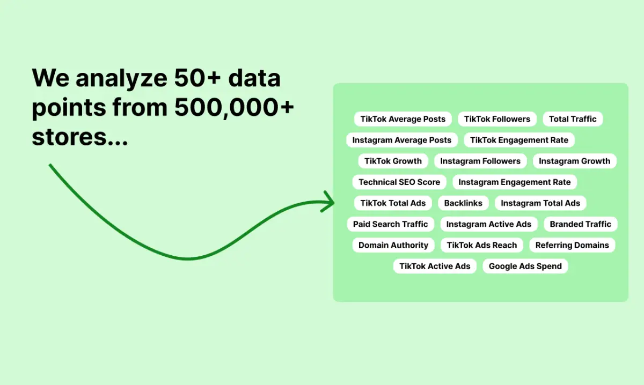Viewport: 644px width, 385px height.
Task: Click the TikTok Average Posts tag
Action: click(403, 119)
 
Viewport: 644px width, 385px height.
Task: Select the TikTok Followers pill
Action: click(497, 119)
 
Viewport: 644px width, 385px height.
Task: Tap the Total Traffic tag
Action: click(573, 119)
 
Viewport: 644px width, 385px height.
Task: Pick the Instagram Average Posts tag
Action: click(402, 140)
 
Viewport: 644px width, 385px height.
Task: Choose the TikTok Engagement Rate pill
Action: click(519, 140)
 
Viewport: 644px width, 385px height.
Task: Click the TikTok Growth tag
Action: click(393, 161)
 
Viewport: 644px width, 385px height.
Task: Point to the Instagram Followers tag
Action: click(480, 161)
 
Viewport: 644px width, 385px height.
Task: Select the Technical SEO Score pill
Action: click(399, 182)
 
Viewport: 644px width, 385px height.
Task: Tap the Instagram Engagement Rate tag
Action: click(515, 182)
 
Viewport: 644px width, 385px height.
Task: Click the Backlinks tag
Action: click(463, 203)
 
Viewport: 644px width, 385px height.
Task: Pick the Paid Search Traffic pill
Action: click(391, 224)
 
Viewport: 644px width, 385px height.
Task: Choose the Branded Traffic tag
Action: click(581, 224)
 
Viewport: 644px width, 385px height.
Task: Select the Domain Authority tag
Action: click(393, 245)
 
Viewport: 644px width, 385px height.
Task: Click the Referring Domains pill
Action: click(572, 245)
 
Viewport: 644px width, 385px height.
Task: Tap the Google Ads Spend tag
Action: click(525, 266)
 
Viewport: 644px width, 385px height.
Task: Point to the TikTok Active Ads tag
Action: click(435, 266)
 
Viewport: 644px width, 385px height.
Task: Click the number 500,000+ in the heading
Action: click(235, 107)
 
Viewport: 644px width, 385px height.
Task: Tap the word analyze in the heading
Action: click(121, 78)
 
